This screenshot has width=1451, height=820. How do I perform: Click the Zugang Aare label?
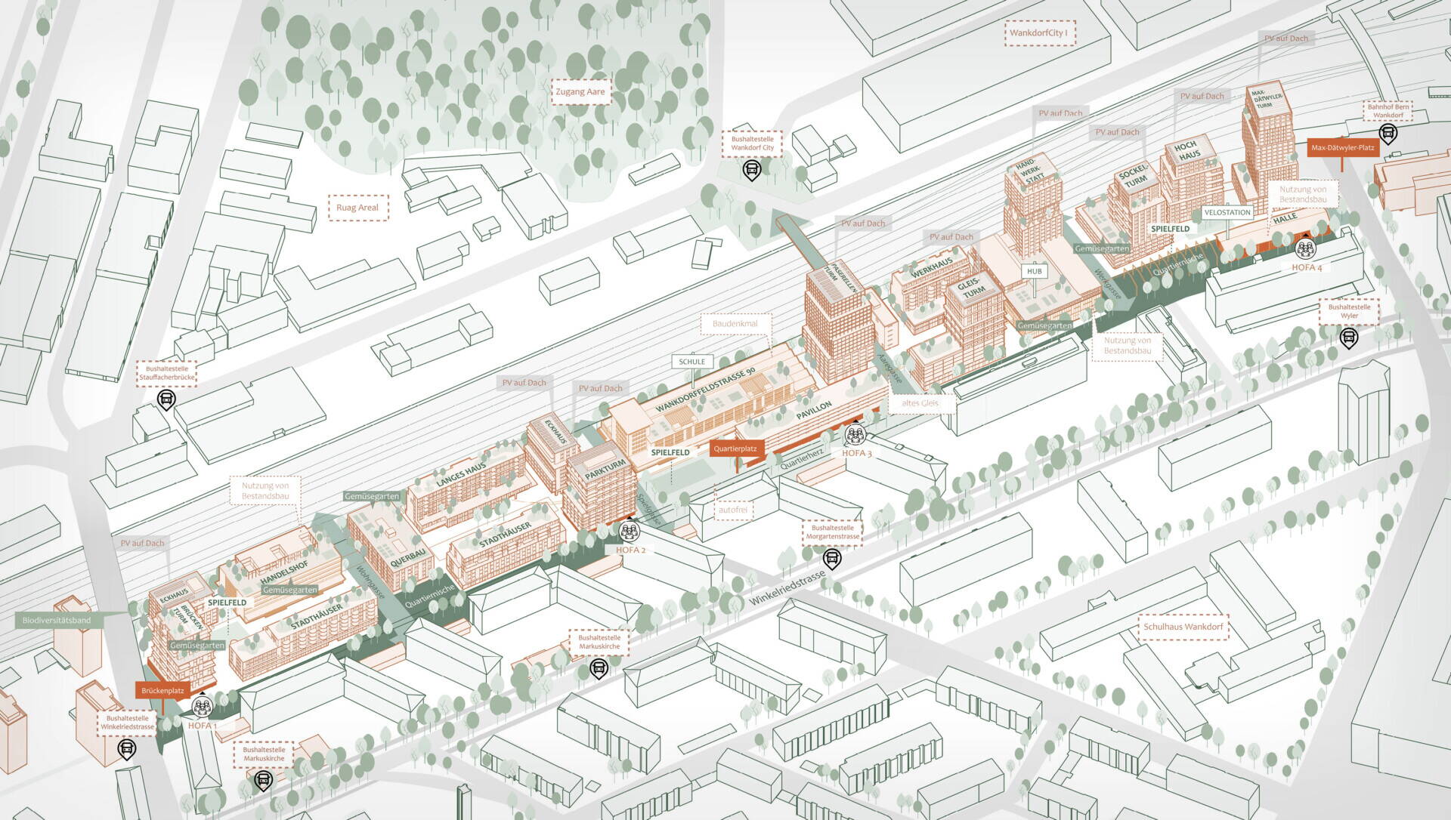[580, 92]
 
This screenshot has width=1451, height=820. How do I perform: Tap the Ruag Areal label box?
[357, 207]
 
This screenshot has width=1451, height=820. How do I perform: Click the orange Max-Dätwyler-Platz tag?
[1344, 149]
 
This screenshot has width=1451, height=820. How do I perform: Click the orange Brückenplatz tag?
[162, 690]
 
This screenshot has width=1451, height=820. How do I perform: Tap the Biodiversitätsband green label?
[57, 621]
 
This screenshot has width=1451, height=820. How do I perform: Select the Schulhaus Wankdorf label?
[1183, 627]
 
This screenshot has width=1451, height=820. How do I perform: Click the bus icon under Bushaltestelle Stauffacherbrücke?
[166, 399]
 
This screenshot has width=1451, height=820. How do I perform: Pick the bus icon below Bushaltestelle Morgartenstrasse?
[831, 558]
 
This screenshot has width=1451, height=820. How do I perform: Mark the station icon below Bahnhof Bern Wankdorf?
[1388, 134]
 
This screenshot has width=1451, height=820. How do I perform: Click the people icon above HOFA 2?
[630, 532]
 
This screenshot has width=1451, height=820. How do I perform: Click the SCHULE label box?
[691, 362]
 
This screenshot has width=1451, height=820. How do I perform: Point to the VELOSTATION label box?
[1227, 213]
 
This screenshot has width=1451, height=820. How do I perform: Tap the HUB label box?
[1034, 270]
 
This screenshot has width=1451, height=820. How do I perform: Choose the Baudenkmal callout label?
[735, 324]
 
